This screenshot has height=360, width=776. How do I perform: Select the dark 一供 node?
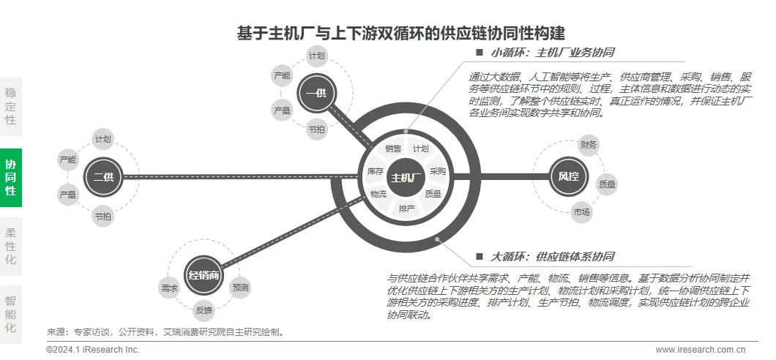[317, 93]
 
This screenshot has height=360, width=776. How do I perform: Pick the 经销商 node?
[204, 275]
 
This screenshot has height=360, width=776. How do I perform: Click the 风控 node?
[568, 176]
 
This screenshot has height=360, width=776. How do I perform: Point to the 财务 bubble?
[589, 144]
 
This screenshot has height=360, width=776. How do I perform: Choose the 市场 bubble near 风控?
[582, 212]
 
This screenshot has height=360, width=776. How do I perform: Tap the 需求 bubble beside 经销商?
[169, 288]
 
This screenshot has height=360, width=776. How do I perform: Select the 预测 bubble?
[240, 288]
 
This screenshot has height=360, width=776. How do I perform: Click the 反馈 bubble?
[204, 310]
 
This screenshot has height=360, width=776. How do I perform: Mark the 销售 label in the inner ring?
[393, 149]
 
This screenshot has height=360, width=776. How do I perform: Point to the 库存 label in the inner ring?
[376, 171]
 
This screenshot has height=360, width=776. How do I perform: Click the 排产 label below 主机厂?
[407, 209]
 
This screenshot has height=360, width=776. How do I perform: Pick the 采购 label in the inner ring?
[438, 171]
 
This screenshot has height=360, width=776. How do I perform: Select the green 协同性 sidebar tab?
[11, 178]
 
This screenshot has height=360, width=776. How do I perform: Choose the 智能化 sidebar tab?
[11, 314]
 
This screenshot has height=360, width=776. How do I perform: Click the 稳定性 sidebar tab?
[11, 106]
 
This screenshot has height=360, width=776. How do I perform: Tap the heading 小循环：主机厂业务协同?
[552, 53]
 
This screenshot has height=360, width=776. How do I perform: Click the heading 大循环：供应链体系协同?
[552, 257]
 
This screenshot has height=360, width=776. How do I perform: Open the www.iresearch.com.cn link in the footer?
[701, 350]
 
